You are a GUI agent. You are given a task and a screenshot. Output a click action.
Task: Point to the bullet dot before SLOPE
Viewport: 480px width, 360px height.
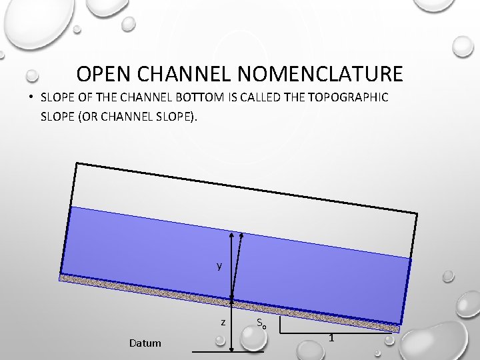tap(31, 97)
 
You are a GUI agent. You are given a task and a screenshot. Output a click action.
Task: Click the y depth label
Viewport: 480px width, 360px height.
tap(219, 266)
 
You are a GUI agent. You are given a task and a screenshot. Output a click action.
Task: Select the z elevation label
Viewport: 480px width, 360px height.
tap(223, 322)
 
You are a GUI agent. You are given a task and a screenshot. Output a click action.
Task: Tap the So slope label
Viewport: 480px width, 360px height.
tap(261, 325)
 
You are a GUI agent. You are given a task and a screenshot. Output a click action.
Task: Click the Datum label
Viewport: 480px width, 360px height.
tap(145, 343)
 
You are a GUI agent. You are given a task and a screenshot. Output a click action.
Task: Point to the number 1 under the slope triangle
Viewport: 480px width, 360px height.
tap(331, 339)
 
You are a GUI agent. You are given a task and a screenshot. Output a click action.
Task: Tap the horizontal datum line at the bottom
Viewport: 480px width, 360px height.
tap(227, 351)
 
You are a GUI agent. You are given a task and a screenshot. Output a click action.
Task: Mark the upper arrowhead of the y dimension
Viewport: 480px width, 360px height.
tap(231, 234)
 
